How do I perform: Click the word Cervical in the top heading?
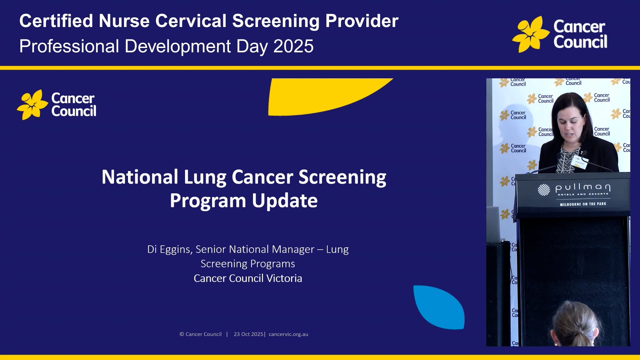click(191, 21)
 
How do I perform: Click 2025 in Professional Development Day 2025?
click(293, 46)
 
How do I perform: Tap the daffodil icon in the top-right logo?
click(530, 34)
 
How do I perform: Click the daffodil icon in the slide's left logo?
click(32, 105)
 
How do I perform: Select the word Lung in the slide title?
click(205, 177)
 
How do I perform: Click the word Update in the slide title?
click(284, 201)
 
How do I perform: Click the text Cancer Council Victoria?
click(248, 278)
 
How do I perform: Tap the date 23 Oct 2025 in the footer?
click(248, 334)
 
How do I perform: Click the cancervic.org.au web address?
click(288, 334)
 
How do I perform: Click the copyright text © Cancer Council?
click(200, 334)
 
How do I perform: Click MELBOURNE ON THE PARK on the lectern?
click(583, 204)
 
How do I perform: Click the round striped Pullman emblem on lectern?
click(544, 190)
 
